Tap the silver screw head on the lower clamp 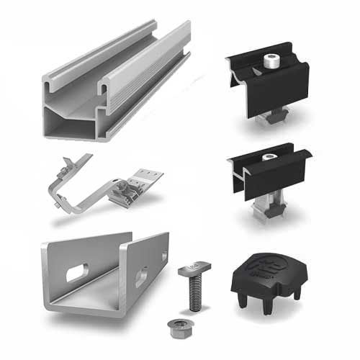coord(271,158)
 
